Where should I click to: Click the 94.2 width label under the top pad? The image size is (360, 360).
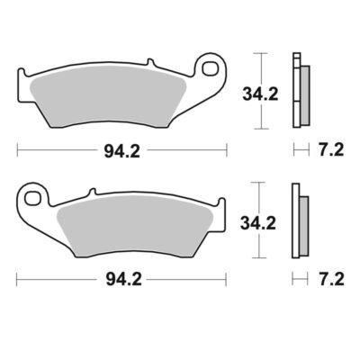point(121,152)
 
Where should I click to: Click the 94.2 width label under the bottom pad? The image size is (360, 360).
point(123,280)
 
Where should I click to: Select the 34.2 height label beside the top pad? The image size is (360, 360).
point(260,94)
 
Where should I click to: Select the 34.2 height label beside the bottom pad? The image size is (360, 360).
point(258,224)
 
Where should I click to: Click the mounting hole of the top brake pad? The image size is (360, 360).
point(210,68)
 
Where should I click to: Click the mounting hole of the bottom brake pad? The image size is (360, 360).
point(32,198)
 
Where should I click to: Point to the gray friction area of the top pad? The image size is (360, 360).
point(109,95)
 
